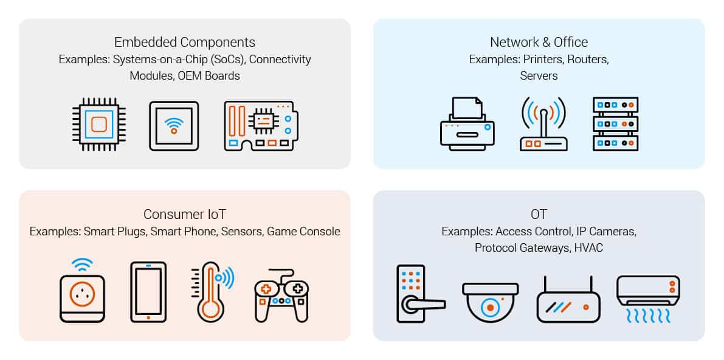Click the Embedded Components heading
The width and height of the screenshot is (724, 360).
coord(185,42)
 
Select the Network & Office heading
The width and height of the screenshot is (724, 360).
coord(539,42)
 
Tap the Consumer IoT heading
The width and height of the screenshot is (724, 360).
coord(185,215)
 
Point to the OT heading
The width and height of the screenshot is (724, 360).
coord(539,215)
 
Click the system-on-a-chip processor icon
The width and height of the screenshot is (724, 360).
coord(99,124)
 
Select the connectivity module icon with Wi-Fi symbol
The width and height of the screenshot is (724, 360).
coord(174,126)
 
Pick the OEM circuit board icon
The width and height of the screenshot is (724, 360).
coord(261,126)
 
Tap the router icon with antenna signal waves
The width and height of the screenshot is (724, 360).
coord(543,125)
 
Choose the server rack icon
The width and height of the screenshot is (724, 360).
coord(616,124)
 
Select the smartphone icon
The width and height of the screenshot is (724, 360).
coord(148,292)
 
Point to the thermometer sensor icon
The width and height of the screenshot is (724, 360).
coord(212,292)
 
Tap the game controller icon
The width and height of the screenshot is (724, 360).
coord(281,296)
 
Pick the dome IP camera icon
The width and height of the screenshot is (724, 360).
coord(491,303)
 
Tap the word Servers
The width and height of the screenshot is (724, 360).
coord(539,76)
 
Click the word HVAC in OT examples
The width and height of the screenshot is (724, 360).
coord(588,248)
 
